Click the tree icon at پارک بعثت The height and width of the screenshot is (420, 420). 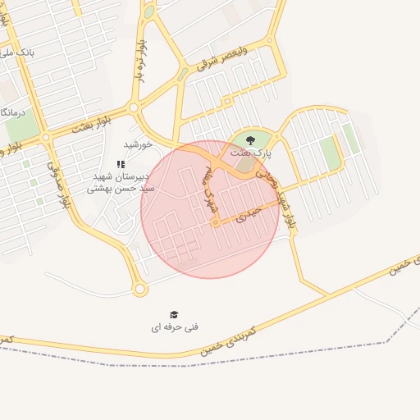coord(250,141)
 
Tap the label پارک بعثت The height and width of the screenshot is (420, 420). coord(250,153)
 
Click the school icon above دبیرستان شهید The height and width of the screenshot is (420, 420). coord(121,164)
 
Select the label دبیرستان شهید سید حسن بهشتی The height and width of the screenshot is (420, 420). coord(121,182)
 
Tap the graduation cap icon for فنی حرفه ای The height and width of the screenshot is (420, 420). coord(174,315)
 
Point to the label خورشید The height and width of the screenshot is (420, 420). coord(139,144)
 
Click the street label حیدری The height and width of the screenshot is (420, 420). coord(248,215)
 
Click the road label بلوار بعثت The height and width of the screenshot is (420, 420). coord(90,125)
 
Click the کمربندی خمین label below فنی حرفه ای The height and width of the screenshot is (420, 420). coord(229,338)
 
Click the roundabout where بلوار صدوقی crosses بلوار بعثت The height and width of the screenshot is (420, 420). coord(46,138)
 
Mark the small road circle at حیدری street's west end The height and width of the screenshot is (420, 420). coord(217,222)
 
